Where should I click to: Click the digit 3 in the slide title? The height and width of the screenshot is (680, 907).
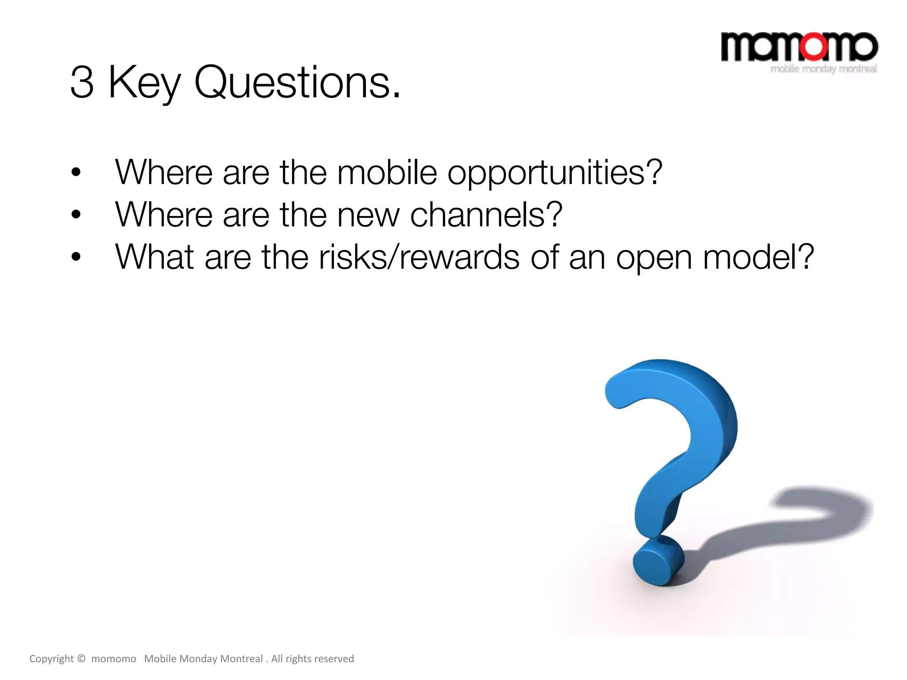(82, 82)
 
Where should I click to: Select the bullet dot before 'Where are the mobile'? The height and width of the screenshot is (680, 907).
(76, 173)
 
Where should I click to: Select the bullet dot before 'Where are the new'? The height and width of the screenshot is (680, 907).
(76, 215)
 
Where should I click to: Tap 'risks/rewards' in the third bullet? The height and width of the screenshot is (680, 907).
(419, 258)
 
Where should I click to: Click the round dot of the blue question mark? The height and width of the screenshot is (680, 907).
(658, 562)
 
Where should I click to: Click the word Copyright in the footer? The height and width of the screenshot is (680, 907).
(51, 659)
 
